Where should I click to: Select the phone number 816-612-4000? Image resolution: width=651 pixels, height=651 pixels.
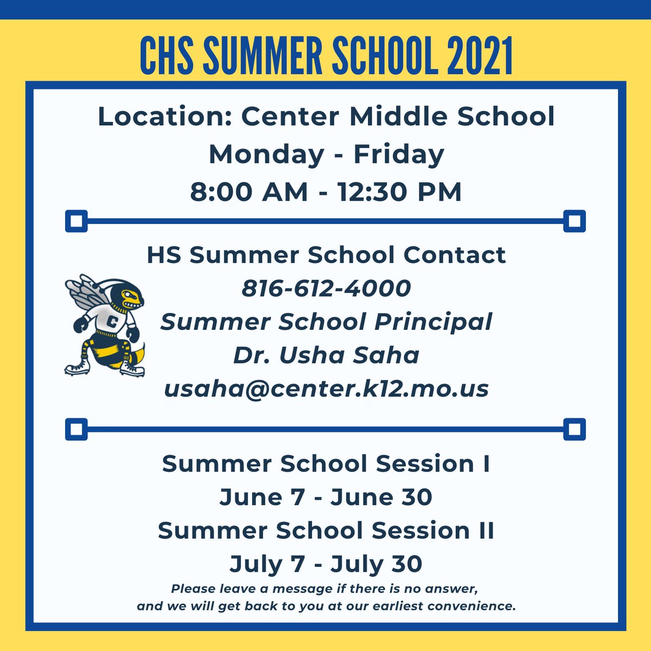pyautogui.click(x=326, y=288)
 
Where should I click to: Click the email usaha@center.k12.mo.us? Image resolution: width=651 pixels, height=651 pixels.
pyautogui.click(x=326, y=388)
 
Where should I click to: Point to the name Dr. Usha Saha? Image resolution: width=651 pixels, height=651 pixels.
pyautogui.click(x=326, y=355)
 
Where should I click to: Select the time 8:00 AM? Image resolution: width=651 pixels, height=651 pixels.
pyautogui.click(x=249, y=192)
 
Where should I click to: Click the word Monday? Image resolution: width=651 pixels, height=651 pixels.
pyautogui.click(x=266, y=154)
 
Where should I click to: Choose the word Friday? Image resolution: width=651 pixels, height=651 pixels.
pyautogui.click(x=399, y=154)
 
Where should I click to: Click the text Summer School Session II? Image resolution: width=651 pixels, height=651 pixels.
pyautogui.click(x=326, y=531)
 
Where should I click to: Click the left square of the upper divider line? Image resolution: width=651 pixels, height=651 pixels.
pyautogui.click(x=76, y=221)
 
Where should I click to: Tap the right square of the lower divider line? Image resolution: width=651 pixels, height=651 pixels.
pyautogui.click(x=574, y=430)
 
